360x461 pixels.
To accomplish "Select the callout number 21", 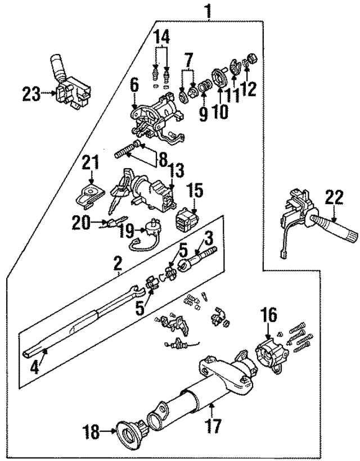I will [91, 164].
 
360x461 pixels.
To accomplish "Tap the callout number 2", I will [118, 263].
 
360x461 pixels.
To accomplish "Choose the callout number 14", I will [162, 38].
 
